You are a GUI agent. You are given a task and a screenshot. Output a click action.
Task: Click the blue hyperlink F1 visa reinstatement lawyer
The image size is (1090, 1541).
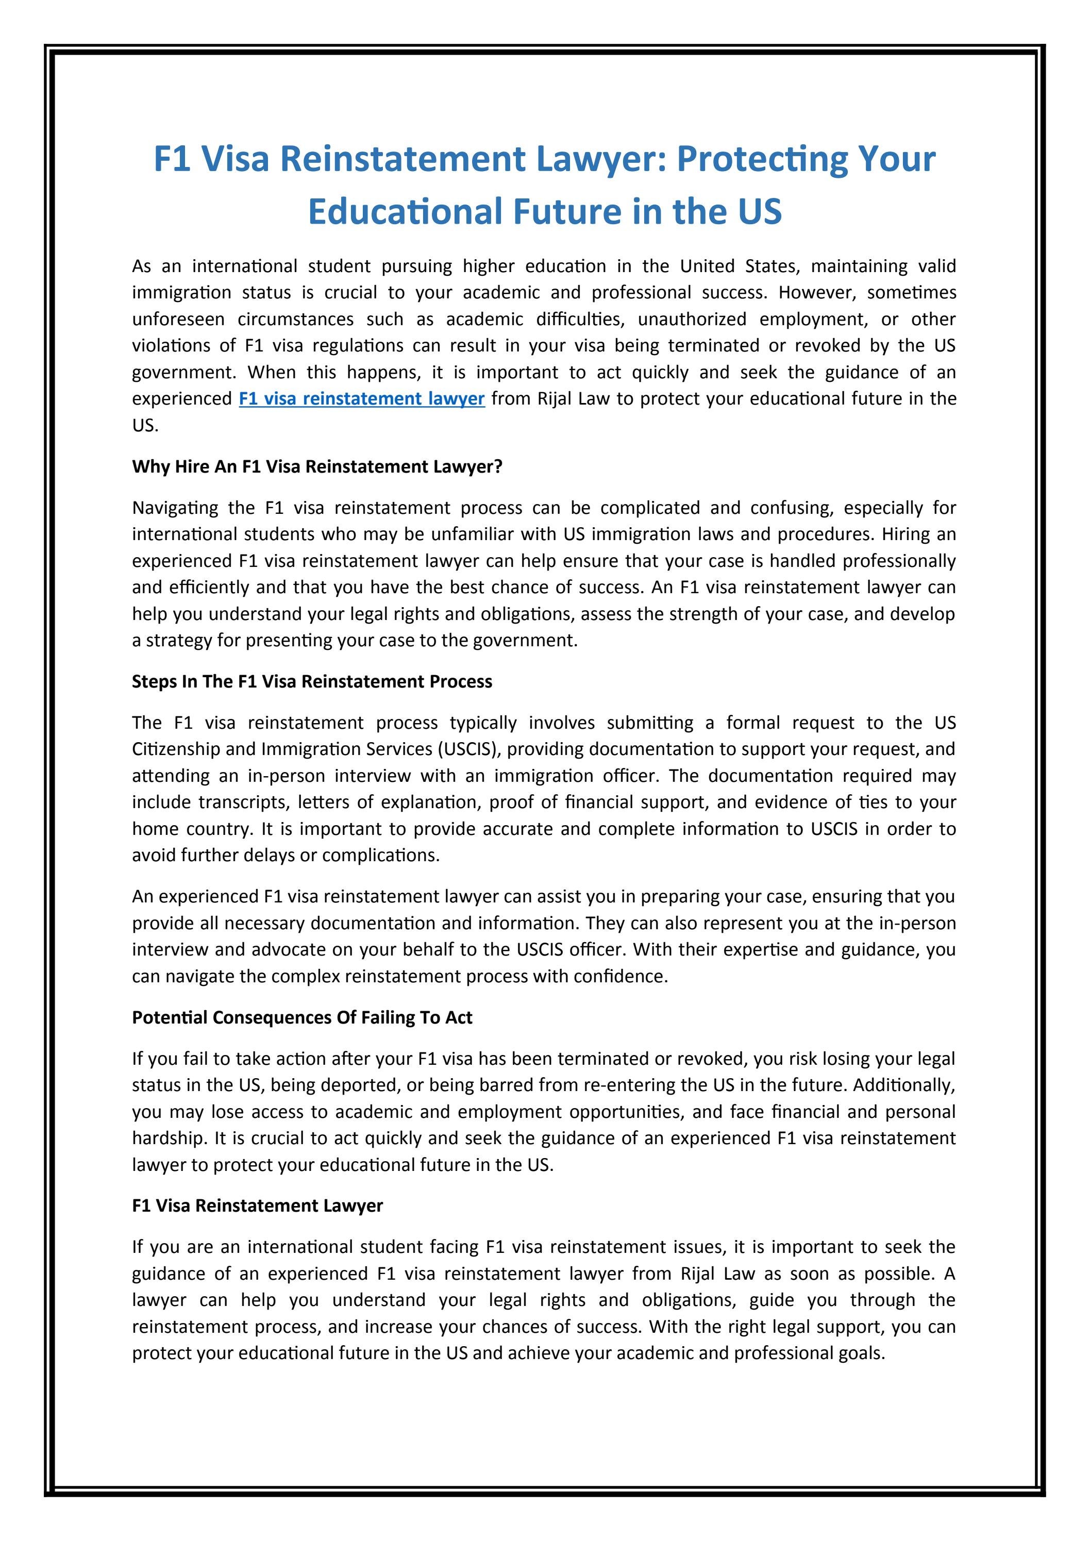(x=362, y=399)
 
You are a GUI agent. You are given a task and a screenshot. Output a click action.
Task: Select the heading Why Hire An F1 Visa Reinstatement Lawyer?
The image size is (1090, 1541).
(x=317, y=466)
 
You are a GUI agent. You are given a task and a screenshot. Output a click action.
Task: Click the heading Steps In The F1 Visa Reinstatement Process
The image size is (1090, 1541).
(x=312, y=681)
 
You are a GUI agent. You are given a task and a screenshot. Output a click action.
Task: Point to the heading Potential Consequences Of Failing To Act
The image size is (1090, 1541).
(x=302, y=1017)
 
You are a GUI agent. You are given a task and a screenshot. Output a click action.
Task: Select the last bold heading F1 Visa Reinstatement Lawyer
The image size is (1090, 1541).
(x=257, y=1205)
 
